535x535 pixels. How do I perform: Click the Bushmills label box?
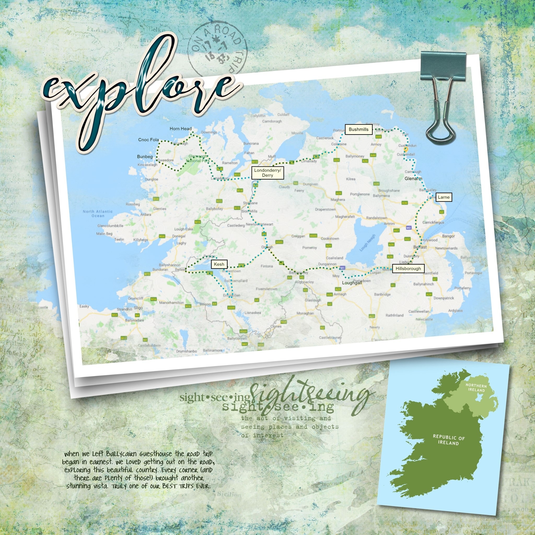pos(358,129)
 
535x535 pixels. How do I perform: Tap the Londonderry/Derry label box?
pos(267,173)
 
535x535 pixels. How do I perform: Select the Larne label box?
pos(444,197)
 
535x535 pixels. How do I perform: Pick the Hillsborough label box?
pos(408,269)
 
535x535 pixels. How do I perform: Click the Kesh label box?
pos(219,264)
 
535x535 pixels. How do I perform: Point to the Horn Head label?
pos(181,129)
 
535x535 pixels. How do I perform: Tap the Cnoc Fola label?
pos(148,140)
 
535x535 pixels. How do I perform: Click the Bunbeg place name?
pos(145,157)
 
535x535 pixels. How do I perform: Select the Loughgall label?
pos(352,283)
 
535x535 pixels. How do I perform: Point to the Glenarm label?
pos(413,179)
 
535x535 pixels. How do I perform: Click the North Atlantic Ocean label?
pos(98,213)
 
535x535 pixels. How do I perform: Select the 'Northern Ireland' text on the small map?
pos(476,388)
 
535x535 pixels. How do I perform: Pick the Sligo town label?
pos(138,308)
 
